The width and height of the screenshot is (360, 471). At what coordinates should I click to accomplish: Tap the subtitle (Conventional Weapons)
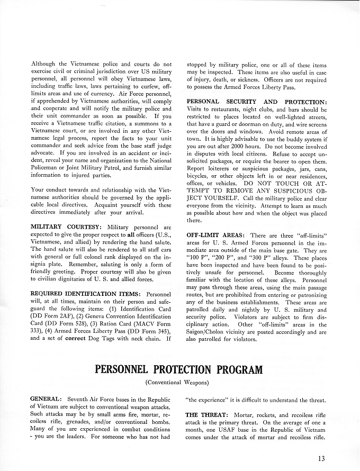[179, 382]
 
